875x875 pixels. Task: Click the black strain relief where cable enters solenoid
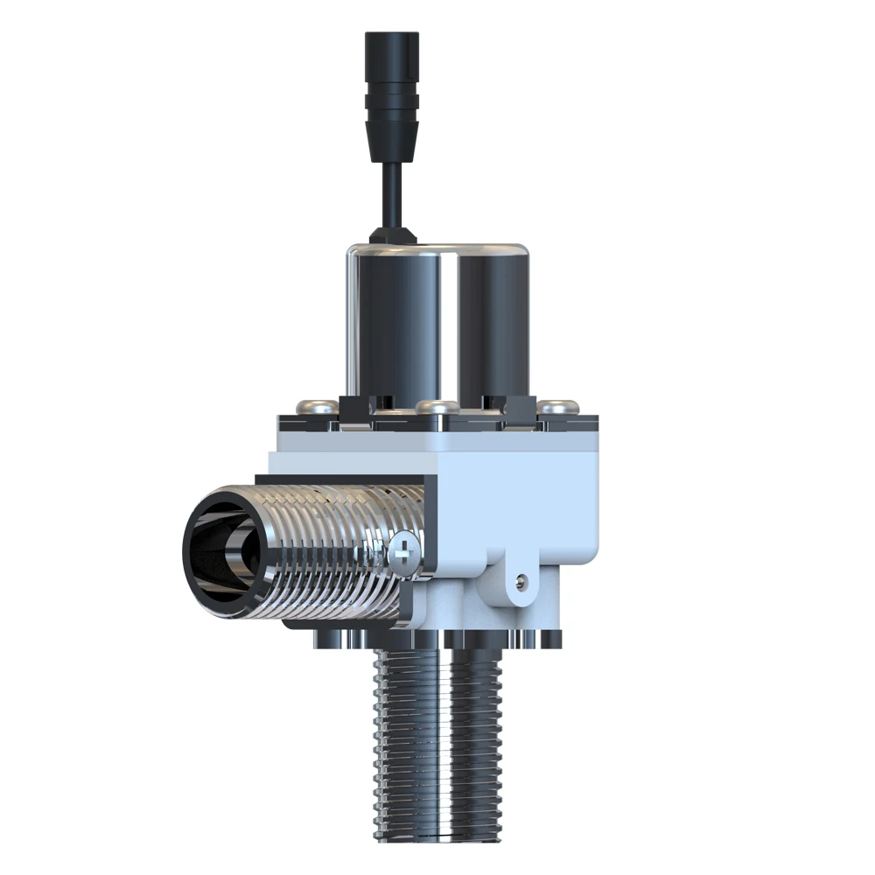[391, 234]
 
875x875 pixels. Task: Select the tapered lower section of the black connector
[391, 140]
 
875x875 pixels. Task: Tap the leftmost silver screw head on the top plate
[317, 405]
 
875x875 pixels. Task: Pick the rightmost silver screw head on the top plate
[557, 406]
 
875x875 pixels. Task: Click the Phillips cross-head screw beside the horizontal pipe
[404, 551]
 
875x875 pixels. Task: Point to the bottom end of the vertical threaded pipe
[437, 836]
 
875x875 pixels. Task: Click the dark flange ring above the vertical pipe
[437, 639]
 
